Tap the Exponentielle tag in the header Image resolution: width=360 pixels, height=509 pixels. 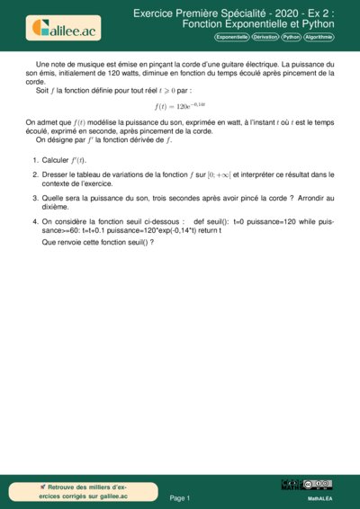pos(231,37)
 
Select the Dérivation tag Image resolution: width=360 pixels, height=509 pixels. pos(265,37)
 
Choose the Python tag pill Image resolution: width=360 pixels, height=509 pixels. pos(291,37)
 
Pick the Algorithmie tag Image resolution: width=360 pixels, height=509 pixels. pos(319,37)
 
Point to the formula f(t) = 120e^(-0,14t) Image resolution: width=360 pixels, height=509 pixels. pos(180,106)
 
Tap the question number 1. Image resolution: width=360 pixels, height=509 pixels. pos(34,159)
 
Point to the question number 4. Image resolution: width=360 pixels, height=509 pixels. pos(34,219)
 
